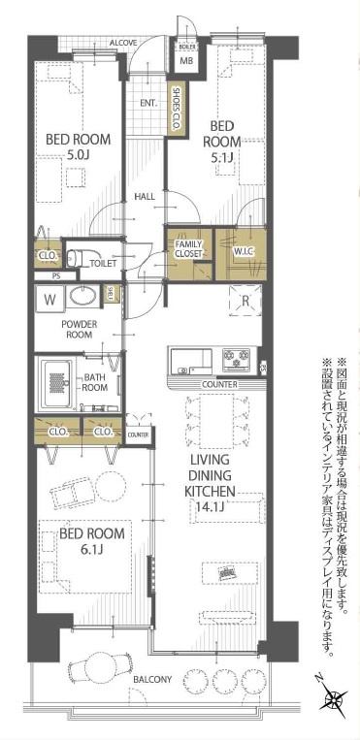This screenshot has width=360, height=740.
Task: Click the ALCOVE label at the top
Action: pos(122,44)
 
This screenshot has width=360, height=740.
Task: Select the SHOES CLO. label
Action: pos(177,109)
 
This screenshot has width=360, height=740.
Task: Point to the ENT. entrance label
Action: pos(148,103)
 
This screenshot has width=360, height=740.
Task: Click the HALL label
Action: pos(145,197)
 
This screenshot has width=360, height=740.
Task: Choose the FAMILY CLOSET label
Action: pos(189,248)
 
